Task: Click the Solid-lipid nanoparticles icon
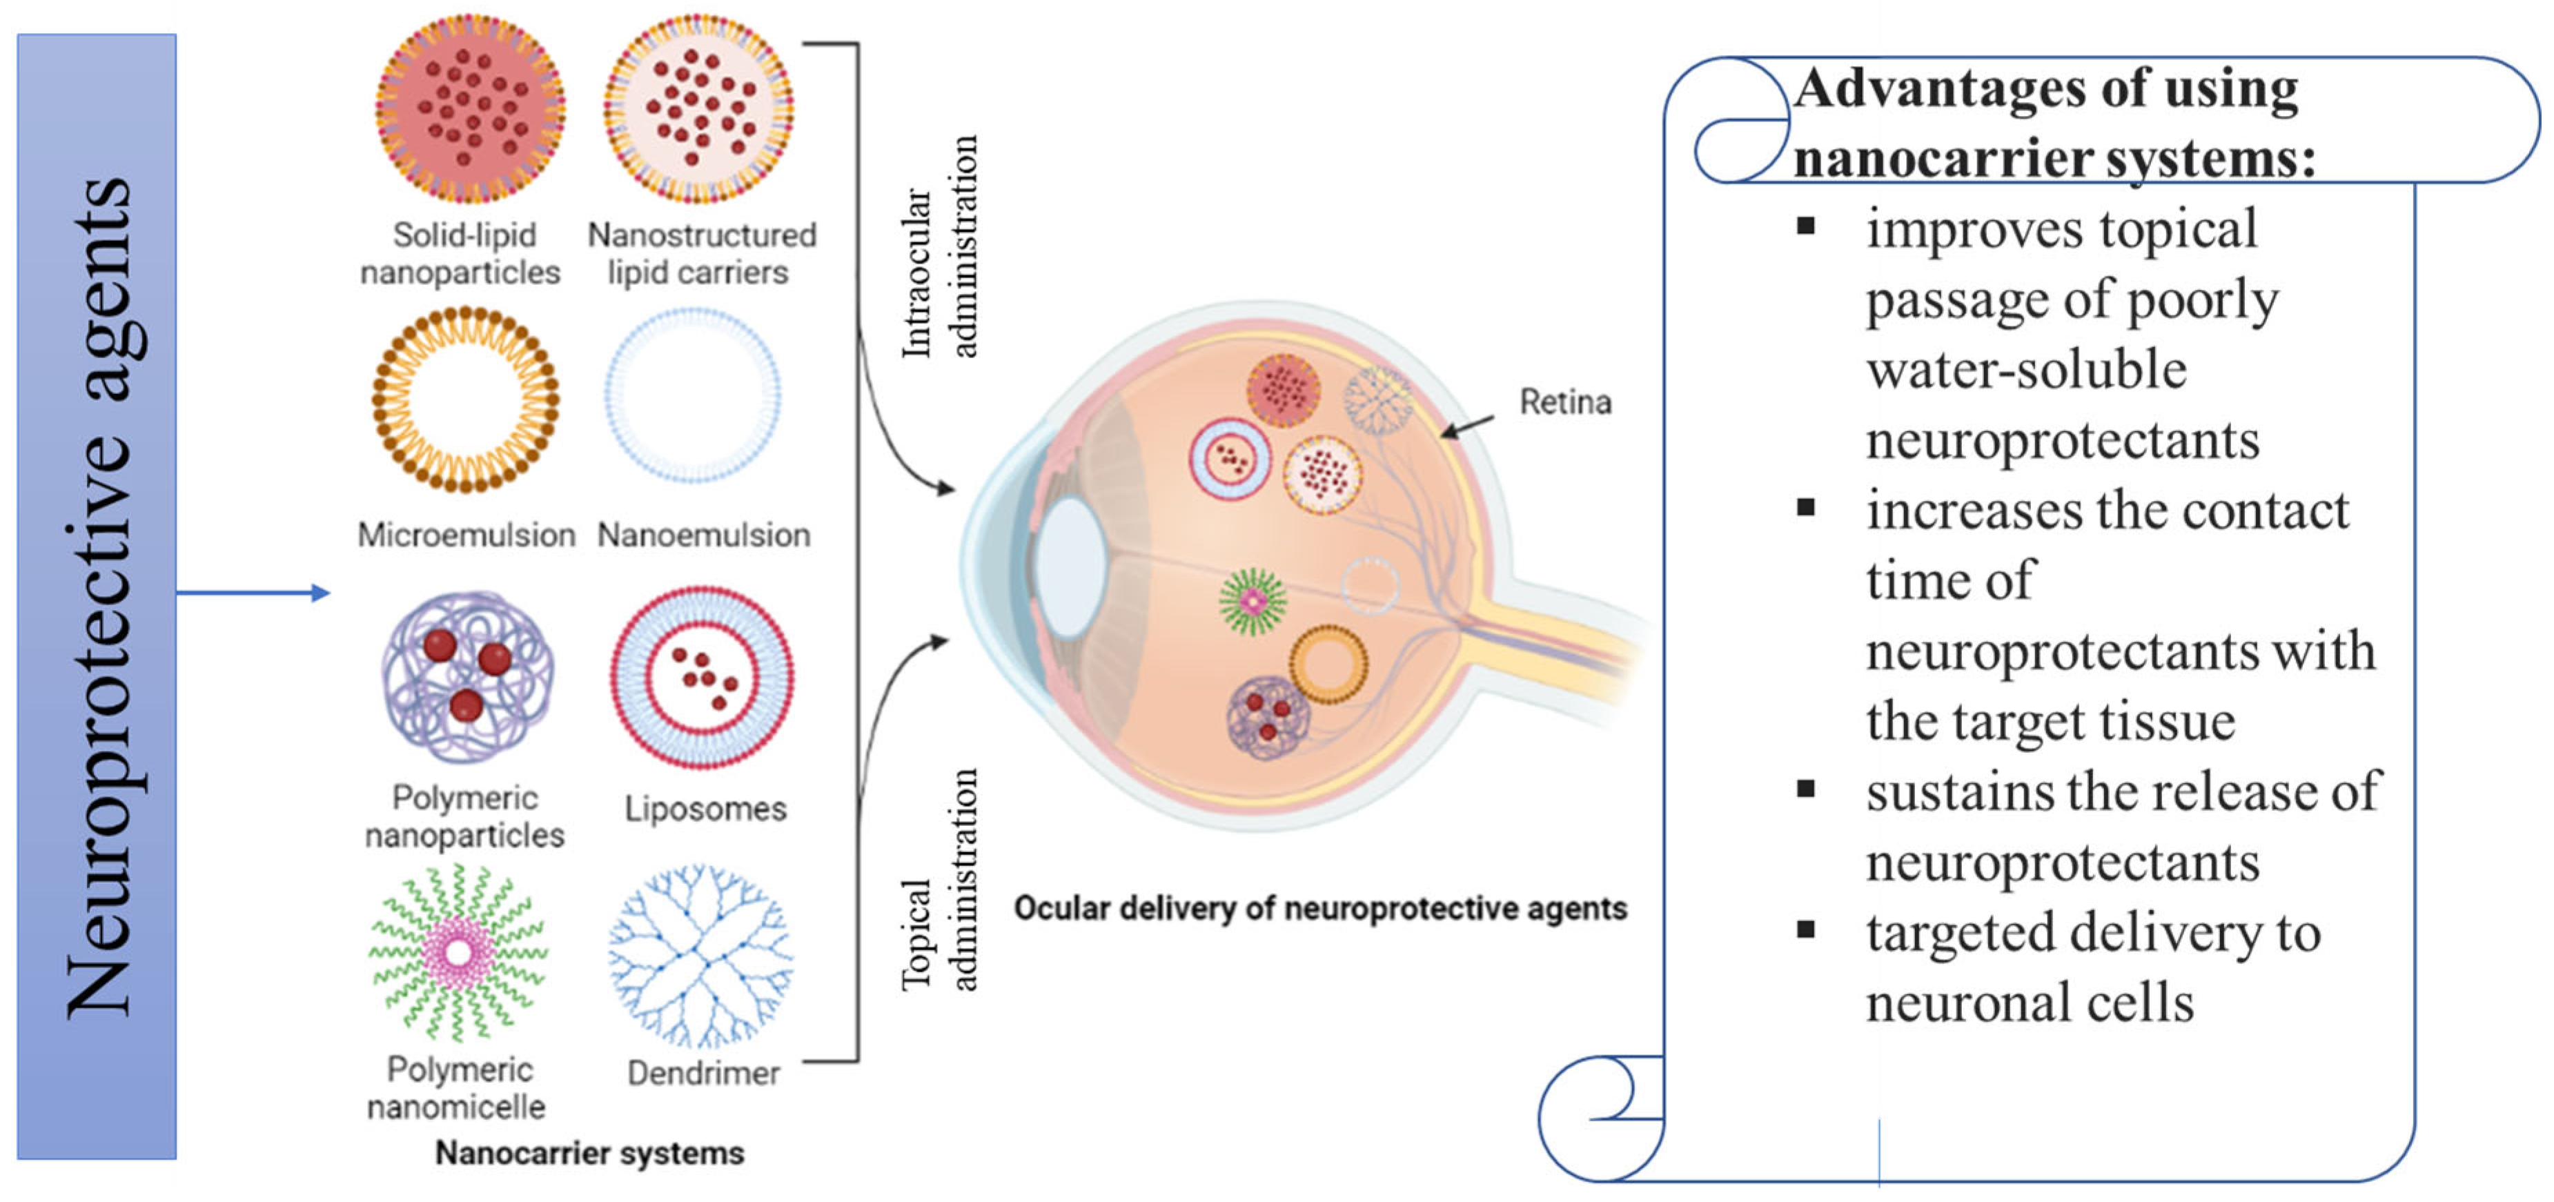tap(470, 109)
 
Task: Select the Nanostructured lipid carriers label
tap(701, 254)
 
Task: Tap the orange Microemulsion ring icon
tap(465, 400)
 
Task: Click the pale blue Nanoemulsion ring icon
tap(693, 395)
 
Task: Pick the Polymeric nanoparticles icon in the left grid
tap(466, 678)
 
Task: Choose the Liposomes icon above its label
tap(702, 678)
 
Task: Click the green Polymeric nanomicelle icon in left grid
tap(458, 953)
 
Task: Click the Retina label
tap(1564, 402)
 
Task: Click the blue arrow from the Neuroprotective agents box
tap(253, 593)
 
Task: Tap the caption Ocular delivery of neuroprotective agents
tap(1319, 909)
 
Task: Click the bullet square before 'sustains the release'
tap(1805, 789)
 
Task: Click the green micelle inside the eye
tap(1253, 601)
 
